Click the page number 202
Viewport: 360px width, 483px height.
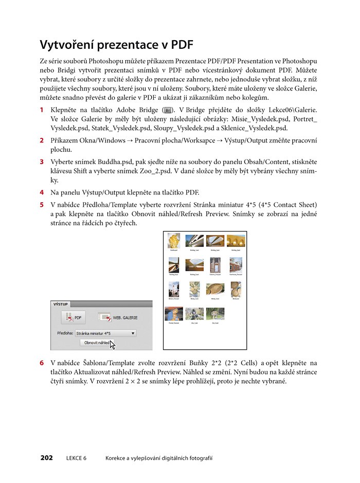click(x=46, y=458)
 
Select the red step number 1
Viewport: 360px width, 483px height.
click(x=42, y=110)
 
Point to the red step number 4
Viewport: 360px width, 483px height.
click(x=42, y=193)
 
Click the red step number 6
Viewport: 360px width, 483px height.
click(x=42, y=363)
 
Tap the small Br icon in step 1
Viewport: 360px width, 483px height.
click(x=168, y=110)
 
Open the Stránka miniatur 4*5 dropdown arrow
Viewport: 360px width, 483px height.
click(x=133, y=333)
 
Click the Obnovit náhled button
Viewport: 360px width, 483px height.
click(x=96, y=343)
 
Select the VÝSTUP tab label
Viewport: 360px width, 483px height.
click(x=61, y=305)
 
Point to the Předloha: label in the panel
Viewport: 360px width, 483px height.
click(x=65, y=333)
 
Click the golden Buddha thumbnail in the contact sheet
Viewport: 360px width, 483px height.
click(x=174, y=241)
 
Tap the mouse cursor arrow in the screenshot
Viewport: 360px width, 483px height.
click(x=113, y=345)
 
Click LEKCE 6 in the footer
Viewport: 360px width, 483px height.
click(x=77, y=458)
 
